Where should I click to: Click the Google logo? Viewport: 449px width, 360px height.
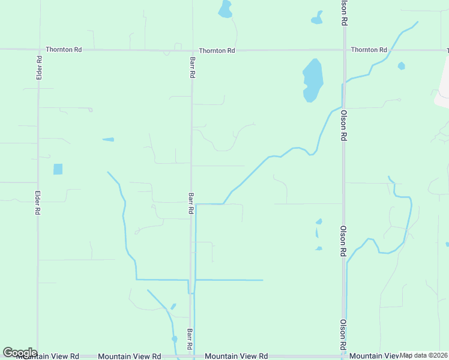point(20,353)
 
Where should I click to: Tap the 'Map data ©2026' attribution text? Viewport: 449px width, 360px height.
point(424,355)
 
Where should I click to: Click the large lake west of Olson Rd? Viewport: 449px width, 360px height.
point(313,80)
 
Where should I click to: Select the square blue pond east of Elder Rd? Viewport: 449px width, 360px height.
point(58,169)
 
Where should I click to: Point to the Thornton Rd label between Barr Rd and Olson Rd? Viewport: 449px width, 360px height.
point(217,51)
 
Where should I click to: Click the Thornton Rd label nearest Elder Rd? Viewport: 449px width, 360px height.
point(64,50)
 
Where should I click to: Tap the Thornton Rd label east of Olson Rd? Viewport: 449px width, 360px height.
point(369,50)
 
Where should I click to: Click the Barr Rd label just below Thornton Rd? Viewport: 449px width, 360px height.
point(192,68)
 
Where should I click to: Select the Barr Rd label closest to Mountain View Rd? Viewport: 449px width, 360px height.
point(189,340)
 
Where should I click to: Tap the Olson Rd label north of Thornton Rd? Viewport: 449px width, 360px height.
point(344,12)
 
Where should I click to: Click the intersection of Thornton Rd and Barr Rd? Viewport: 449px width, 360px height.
point(192,50)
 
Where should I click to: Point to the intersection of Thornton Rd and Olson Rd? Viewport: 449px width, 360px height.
point(343,50)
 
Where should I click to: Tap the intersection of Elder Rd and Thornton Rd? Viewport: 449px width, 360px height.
point(39,50)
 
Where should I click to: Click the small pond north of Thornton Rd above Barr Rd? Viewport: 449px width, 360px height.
point(225,9)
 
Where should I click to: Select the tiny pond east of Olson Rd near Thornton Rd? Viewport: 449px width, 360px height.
point(401,66)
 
